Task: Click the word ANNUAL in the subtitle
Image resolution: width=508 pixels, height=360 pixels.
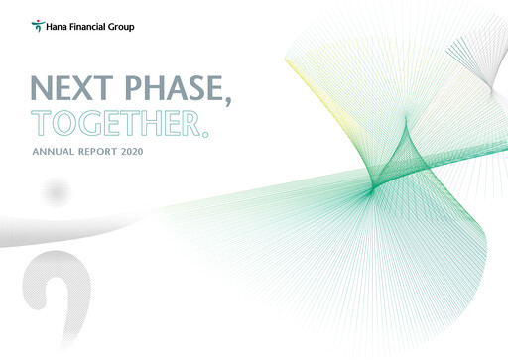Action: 54,152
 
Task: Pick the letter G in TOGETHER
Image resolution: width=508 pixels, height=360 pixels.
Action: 90,123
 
